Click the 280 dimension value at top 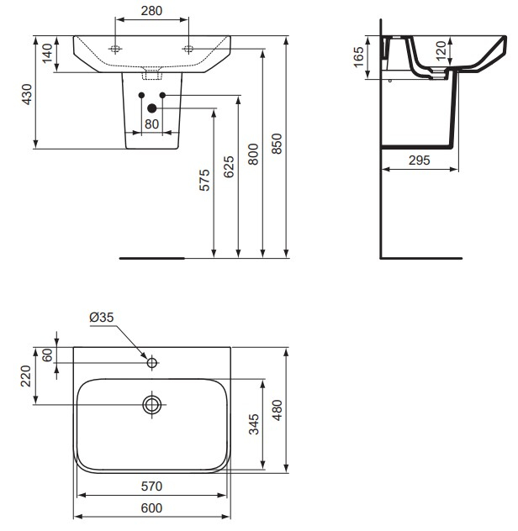pos(152,11)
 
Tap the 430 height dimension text pos(27,94)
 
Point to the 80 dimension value pos(151,124)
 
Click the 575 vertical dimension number pos(203,183)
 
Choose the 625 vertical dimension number pos(229,167)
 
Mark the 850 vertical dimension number pos(277,145)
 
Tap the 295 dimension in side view pos(419,159)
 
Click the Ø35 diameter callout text pos(102,317)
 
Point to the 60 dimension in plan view pos(47,355)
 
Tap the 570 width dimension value pos(151,486)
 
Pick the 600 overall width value pos(151,508)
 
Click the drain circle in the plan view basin pos(152,404)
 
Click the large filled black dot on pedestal pos(151,108)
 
